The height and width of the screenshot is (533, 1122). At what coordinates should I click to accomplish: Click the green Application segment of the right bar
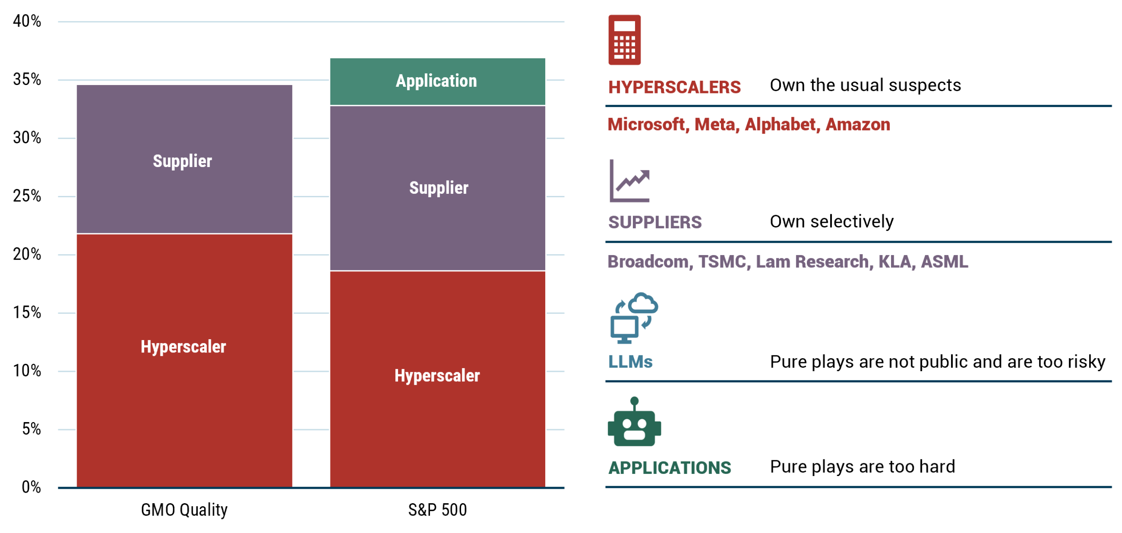point(437,81)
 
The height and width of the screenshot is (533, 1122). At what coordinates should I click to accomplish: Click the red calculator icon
point(624,40)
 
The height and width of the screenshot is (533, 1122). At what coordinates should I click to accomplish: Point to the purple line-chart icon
point(629,181)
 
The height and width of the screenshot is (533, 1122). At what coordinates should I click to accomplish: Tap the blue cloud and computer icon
point(634,318)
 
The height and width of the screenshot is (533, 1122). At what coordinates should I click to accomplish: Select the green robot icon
point(634,422)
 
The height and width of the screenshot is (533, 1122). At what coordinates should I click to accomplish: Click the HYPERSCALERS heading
point(674,88)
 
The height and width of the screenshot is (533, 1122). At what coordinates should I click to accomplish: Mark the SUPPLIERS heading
point(654,223)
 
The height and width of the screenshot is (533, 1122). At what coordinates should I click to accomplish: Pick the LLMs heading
point(630,362)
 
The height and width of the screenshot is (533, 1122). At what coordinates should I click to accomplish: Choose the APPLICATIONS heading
point(669,468)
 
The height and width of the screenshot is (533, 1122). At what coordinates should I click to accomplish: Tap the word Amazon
point(858,125)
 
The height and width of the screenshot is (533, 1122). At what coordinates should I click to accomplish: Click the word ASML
point(944,262)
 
